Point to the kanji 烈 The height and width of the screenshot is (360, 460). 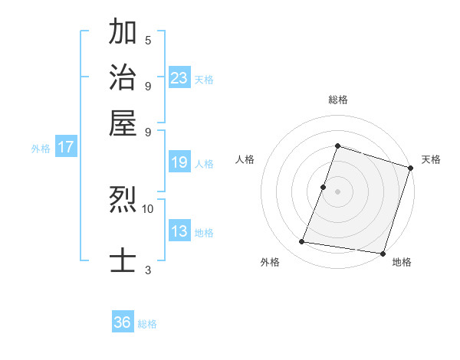pyautogui.click(x=123, y=201)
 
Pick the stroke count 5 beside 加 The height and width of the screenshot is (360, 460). pyautogui.click(x=148, y=40)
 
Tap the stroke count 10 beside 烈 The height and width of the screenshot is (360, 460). pyautogui.click(x=148, y=208)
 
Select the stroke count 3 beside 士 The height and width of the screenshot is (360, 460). pyautogui.click(x=148, y=270)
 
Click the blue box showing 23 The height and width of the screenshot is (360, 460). pyautogui.click(x=179, y=77)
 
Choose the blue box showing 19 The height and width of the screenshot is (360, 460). pyautogui.click(x=179, y=162)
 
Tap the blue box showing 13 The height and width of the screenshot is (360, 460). pyautogui.click(x=179, y=231)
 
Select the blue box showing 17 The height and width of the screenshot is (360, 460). pyautogui.click(x=66, y=147)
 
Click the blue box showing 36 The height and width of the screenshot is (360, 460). pyautogui.click(x=123, y=322)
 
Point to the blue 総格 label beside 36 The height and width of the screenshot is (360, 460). pyautogui.click(x=147, y=324)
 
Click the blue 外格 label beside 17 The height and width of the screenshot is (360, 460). pyautogui.click(x=41, y=149)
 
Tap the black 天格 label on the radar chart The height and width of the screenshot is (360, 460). pyautogui.click(x=432, y=159)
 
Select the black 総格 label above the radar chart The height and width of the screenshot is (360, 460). pyautogui.click(x=337, y=100)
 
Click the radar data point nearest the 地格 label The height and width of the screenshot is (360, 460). pyautogui.click(x=383, y=253)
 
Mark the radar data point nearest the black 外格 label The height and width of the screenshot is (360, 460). pyautogui.click(x=302, y=242)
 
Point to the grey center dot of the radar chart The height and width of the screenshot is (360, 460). pyautogui.click(x=337, y=191)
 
